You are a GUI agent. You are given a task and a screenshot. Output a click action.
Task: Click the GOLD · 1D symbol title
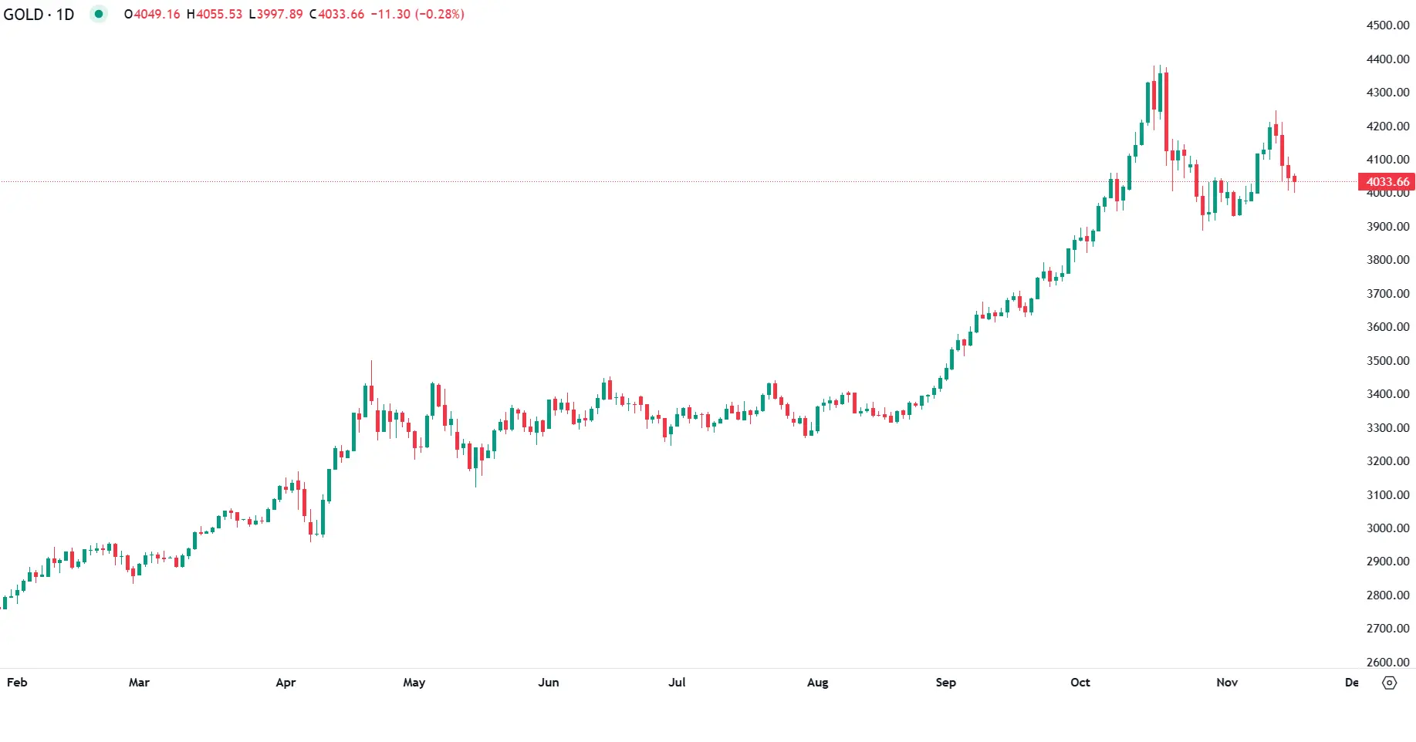39,15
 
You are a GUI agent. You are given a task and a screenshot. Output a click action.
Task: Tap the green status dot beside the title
98,14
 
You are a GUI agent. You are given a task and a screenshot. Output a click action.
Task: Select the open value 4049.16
157,15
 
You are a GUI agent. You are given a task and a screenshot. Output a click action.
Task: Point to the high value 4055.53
219,15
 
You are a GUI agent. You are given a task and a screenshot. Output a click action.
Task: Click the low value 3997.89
280,15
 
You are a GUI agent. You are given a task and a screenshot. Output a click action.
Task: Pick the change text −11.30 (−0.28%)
417,15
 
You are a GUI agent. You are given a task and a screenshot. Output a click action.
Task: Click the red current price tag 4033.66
1387,182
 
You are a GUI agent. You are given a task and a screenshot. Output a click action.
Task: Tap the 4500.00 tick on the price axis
1387,25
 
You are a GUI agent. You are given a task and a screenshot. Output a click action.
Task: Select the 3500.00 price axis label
1387,360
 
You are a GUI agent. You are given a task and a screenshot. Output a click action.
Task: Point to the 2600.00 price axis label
1387,662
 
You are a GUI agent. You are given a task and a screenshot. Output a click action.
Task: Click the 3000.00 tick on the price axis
1387,528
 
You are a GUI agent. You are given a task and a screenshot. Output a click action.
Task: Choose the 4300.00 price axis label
1387,93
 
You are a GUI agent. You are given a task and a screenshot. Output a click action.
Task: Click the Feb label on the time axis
17,683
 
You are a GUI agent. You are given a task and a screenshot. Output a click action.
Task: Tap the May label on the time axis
414,683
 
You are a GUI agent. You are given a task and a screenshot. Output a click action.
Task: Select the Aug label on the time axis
818,683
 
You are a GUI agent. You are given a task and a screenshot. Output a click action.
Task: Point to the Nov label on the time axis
1227,683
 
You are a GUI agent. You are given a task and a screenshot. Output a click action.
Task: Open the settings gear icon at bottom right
1390,683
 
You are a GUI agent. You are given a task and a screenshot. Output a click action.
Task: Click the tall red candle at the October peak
1166,116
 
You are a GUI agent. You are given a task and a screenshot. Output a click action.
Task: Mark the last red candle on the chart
1294,180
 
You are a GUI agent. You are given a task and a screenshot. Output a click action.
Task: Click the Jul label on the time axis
677,683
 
